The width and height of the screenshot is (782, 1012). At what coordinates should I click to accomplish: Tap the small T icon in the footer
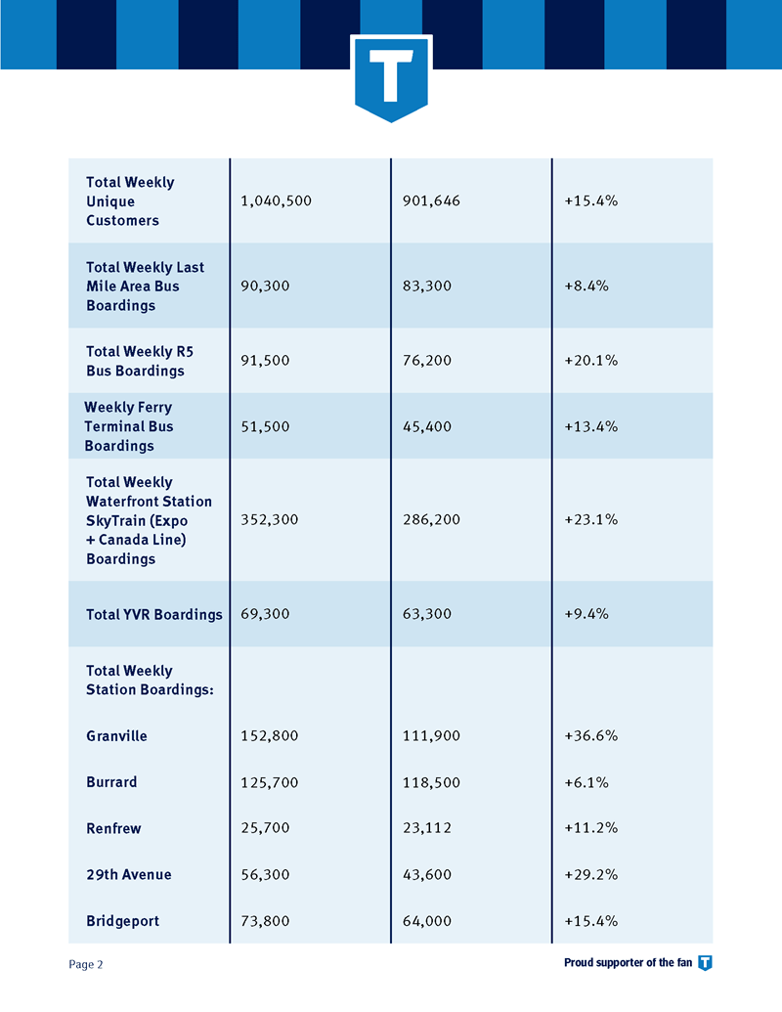[705, 963]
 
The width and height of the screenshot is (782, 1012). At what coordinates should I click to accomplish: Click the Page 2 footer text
[86, 964]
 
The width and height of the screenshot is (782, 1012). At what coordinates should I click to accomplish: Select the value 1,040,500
[277, 200]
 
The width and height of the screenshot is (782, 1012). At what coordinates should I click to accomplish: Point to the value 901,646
[432, 200]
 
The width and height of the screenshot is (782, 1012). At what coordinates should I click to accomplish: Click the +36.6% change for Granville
[591, 735]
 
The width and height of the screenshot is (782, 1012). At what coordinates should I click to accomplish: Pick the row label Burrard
[111, 782]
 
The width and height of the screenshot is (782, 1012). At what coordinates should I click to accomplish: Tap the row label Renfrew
[113, 828]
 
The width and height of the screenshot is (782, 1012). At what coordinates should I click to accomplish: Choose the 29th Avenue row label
[129, 874]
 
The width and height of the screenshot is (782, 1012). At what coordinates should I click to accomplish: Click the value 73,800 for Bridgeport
[265, 921]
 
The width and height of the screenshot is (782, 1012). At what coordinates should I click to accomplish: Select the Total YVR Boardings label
[154, 614]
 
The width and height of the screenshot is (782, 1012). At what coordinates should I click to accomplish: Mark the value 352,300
[270, 519]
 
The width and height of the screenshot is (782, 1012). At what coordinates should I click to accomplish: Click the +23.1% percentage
[591, 519]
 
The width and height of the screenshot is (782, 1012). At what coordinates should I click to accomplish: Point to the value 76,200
[427, 360]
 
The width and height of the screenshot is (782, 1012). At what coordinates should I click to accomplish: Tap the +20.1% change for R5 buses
[591, 360]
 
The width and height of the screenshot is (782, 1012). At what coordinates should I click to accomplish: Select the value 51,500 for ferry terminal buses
[265, 426]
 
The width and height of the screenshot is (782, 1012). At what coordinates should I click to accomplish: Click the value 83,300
[427, 286]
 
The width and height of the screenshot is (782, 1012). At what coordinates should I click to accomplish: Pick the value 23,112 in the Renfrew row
[427, 828]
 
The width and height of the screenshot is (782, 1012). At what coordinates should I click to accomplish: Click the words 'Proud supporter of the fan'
[628, 963]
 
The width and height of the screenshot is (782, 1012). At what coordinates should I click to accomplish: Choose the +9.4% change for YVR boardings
[586, 614]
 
